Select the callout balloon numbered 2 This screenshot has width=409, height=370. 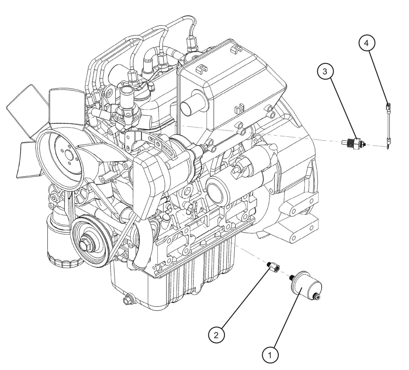pos(216,335)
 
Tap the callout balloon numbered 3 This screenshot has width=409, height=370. pos(325,72)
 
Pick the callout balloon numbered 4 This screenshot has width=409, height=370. pos(367,43)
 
